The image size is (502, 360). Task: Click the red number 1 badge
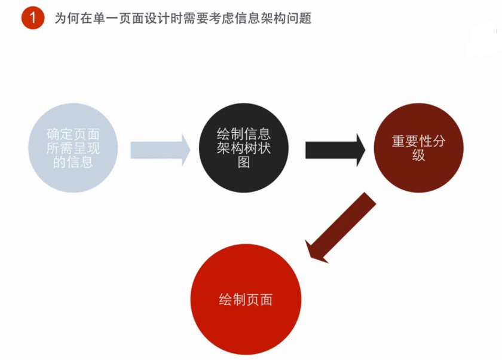(33, 18)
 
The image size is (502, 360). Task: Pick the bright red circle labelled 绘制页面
(246, 298)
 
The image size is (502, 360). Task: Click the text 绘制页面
(246, 298)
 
